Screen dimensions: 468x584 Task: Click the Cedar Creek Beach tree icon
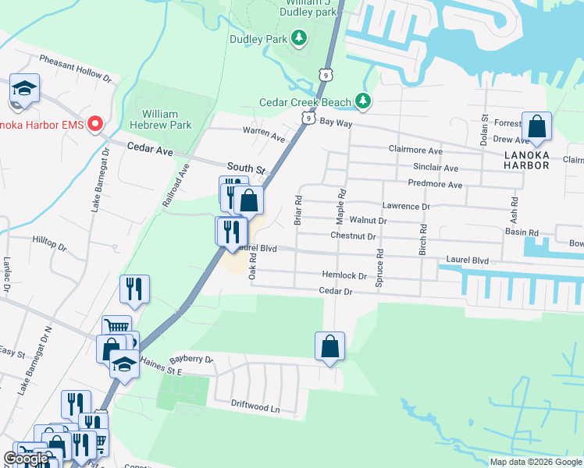362,101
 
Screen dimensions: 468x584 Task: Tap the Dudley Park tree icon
297,37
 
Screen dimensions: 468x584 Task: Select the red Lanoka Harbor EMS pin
95,123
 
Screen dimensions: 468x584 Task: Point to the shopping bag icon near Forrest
537,126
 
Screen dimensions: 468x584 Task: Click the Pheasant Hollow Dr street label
76,69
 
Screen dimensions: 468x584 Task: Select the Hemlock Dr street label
344,275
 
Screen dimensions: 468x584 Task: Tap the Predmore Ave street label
435,185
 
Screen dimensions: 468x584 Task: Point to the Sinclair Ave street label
436,168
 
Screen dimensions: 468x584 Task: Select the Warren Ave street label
264,133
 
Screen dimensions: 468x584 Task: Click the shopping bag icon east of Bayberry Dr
329,346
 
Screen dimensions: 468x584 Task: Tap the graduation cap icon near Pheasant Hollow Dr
24,89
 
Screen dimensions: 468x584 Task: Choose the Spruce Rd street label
380,268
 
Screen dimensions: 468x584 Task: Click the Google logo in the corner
26,459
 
